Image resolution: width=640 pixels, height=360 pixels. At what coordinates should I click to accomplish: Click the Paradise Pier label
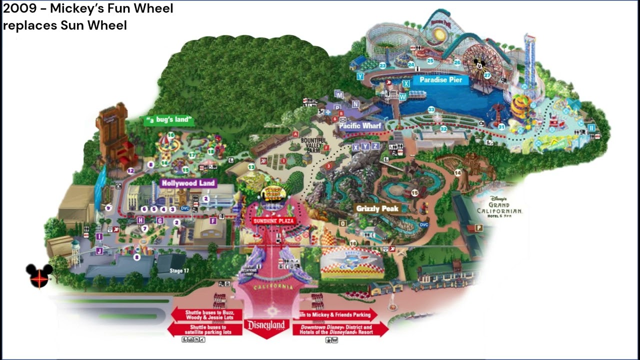tap(440, 79)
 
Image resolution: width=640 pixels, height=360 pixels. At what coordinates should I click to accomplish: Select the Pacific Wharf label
tap(360, 126)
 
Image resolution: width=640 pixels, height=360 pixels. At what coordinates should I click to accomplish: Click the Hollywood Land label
tap(188, 183)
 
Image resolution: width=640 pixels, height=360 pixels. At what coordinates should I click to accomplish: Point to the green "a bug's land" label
tap(168, 120)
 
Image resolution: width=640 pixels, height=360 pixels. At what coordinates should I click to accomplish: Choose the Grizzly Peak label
tap(377, 208)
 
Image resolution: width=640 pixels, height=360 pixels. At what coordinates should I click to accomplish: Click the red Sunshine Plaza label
tap(273, 220)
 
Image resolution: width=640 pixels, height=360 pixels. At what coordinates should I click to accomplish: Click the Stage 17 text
tap(179, 270)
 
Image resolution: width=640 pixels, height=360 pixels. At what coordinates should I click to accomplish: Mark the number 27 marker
tap(487, 75)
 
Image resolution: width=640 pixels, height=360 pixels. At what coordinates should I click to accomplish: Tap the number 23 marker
tap(382, 65)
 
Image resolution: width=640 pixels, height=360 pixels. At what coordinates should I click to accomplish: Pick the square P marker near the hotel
tap(478, 228)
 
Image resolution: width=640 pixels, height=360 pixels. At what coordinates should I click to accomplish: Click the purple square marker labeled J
tap(99, 251)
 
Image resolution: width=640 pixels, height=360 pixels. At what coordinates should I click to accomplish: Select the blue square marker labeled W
tap(402, 97)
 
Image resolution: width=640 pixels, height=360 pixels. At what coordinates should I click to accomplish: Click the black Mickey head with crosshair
tap(39, 275)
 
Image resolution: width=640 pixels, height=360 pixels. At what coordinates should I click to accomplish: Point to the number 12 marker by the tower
tap(131, 171)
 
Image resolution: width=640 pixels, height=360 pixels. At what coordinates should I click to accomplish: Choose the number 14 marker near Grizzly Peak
tap(457, 173)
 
